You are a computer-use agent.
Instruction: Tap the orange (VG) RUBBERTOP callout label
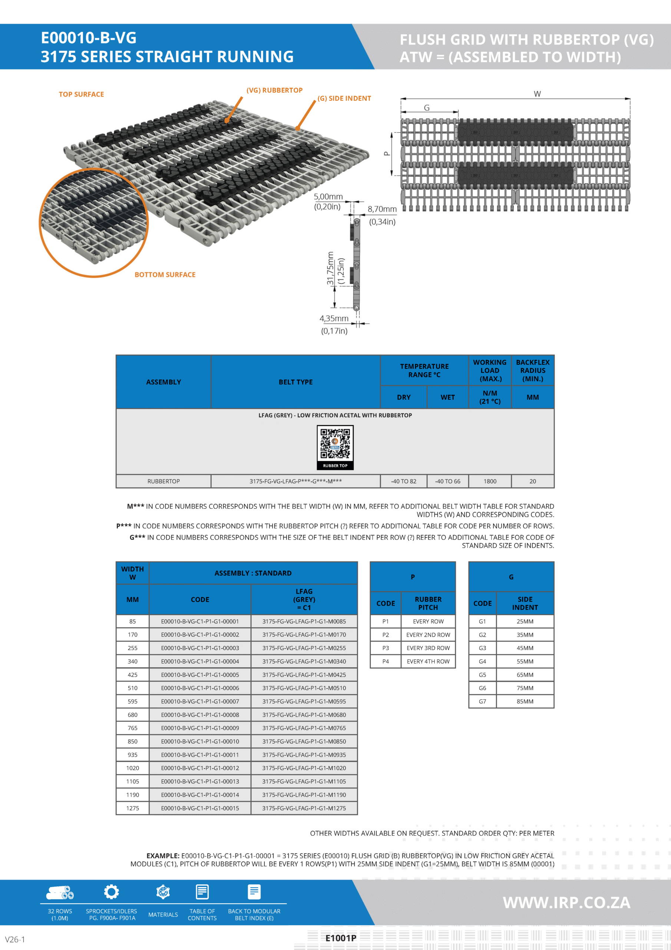coord(275,90)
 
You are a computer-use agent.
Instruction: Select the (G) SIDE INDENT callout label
coord(344,98)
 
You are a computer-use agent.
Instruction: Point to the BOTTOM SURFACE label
coord(165,275)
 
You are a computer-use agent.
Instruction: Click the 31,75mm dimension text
coord(330,268)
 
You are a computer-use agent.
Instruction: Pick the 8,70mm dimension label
coord(382,209)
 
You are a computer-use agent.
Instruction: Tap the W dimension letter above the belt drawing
coord(537,94)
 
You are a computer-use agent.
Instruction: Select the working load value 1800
coord(490,481)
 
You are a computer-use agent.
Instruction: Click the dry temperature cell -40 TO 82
coord(403,481)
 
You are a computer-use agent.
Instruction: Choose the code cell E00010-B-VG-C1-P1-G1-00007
coord(200,701)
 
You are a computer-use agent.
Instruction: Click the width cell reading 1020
coord(132,768)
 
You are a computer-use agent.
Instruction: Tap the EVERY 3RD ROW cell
coord(428,648)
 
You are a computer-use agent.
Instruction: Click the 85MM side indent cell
coord(525,701)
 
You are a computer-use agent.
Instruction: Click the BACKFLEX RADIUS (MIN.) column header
coord(532,370)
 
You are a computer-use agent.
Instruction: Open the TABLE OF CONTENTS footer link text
coord(202,914)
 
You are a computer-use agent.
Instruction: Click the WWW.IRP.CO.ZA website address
coord(566,902)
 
